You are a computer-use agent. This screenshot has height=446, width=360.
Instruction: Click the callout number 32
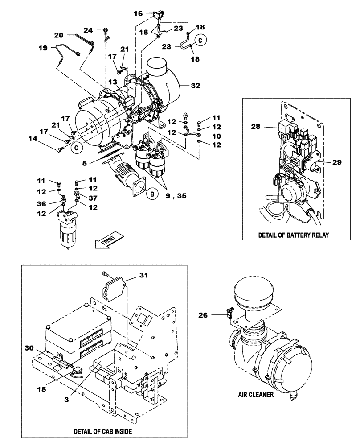click(196, 85)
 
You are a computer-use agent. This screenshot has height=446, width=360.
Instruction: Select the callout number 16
click(138, 14)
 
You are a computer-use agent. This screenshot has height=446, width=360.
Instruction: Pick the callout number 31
click(143, 276)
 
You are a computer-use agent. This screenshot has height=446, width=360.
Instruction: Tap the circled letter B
click(152, 194)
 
